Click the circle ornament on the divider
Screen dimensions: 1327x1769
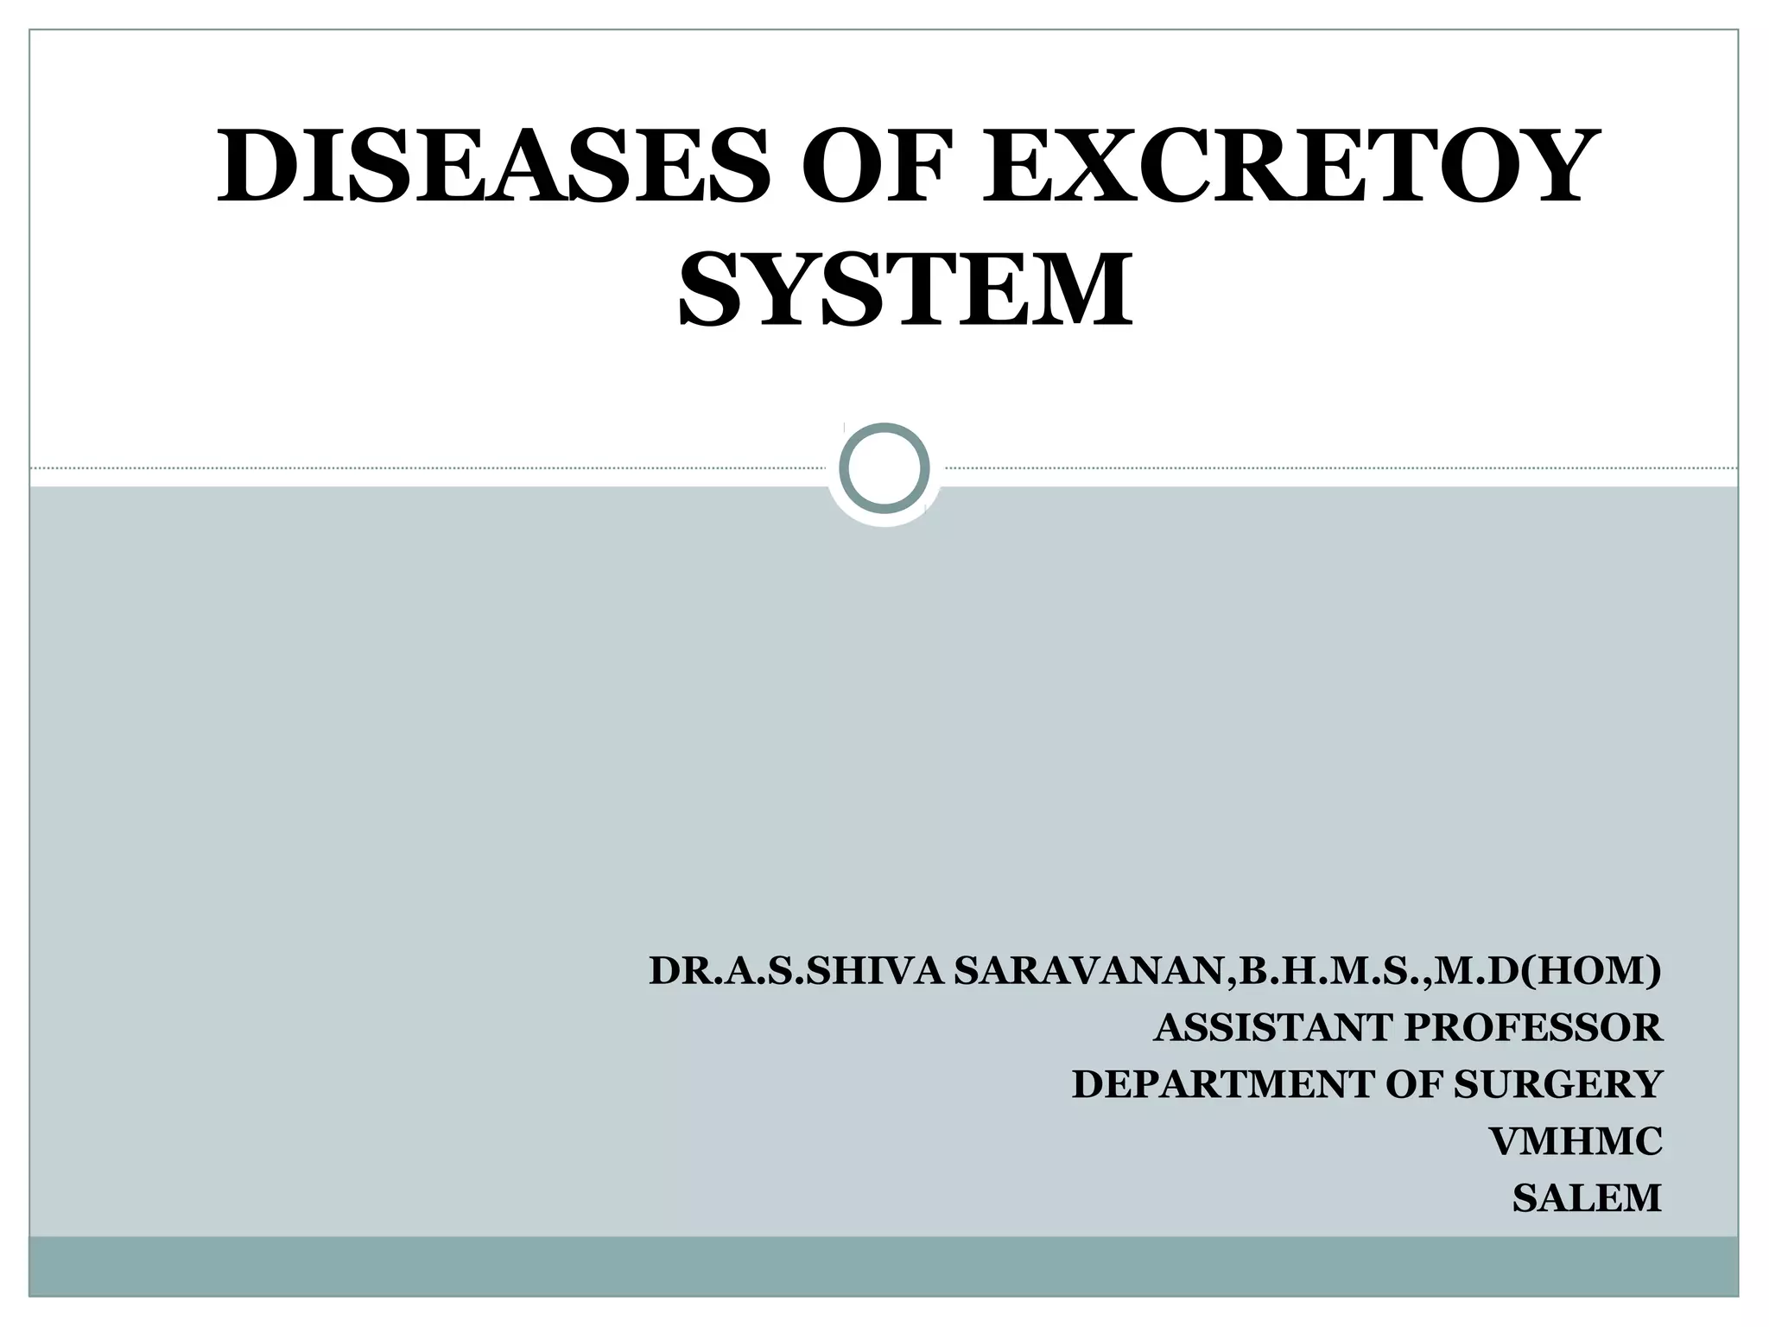point(884,467)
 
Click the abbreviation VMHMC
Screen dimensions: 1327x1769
point(1576,1141)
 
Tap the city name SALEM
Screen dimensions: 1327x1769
point(1587,1198)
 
